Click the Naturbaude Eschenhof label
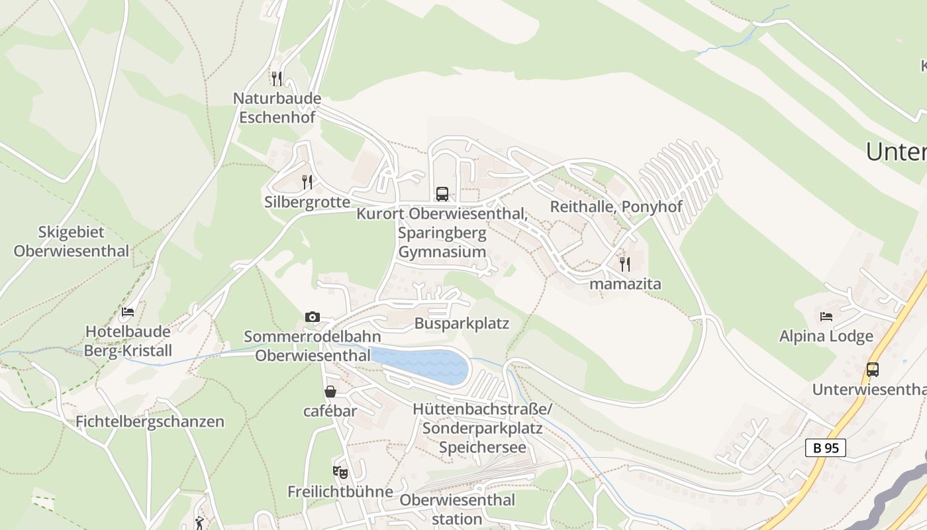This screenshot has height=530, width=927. [x=277, y=108]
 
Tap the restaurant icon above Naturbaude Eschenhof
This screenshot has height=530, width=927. [x=277, y=79]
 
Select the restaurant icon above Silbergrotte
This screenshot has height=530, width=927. [x=307, y=182]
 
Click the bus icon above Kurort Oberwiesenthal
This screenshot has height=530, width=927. [x=442, y=194]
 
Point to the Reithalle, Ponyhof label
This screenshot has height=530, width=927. [x=616, y=207]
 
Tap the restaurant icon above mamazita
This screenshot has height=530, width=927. [x=625, y=264]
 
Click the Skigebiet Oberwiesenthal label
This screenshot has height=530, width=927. [x=72, y=242]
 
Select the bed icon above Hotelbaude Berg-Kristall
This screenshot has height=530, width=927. [x=128, y=311]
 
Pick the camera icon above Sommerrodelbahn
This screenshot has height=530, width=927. [x=313, y=317]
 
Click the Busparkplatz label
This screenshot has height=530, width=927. [x=462, y=323]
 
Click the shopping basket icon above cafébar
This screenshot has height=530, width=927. [x=330, y=392]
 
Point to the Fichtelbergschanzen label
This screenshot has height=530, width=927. [x=150, y=421]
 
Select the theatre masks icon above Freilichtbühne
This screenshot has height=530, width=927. [x=340, y=472]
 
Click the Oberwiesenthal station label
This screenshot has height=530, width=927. [x=457, y=509]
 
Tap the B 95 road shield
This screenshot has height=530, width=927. [x=826, y=448]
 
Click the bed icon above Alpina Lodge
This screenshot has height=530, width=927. [x=826, y=316]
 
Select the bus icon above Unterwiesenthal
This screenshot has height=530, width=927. [x=873, y=370]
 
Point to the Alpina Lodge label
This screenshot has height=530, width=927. [x=826, y=337]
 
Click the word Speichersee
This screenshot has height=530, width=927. [x=483, y=447]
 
